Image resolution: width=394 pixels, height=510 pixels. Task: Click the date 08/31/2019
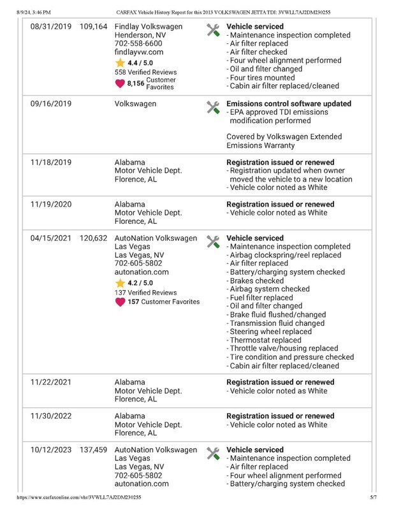pyautogui.click(x=51, y=27)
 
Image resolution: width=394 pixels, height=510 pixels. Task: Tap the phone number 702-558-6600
pyautogui.click(x=138, y=43)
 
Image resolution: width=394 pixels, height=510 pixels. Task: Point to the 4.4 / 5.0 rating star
pyautogui.click(x=120, y=63)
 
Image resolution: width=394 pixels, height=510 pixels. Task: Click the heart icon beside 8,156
pyautogui.click(x=120, y=83)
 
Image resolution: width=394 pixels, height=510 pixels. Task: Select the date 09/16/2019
pyautogui.click(x=51, y=103)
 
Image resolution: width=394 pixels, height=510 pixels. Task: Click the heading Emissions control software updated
pyautogui.click(x=289, y=103)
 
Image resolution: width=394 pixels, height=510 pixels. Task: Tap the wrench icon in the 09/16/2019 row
pyautogui.click(x=213, y=107)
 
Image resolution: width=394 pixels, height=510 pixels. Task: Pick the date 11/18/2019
pyautogui.click(x=51, y=163)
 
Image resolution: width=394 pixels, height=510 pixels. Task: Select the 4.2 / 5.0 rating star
pyautogui.click(x=120, y=282)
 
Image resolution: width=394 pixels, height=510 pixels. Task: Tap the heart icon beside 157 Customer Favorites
pyautogui.click(x=120, y=302)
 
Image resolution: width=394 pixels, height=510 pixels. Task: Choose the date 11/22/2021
pyautogui.click(x=51, y=382)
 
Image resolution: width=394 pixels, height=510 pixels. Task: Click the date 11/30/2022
pyautogui.click(x=51, y=416)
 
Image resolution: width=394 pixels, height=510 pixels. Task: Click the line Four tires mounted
pyautogui.click(x=262, y=78)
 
